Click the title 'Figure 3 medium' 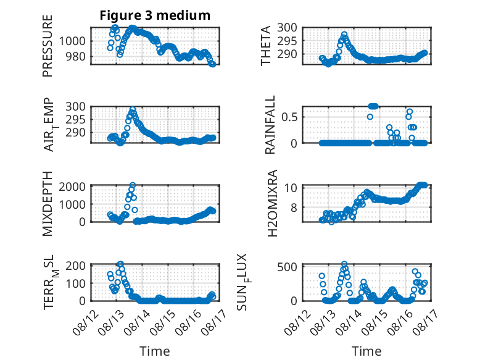coord(155,15)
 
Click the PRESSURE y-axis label coord(48,46)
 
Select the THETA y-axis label coord(266,46)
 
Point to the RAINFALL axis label coord(270,125)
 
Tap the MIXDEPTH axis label coord(48,203)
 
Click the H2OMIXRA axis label coord(272,203)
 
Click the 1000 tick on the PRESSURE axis coord(72,41)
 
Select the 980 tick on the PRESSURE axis coord(76,56)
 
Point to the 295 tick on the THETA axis coord(287,41)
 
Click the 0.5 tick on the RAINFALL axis coord(289,117)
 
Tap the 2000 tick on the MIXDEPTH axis coord(72,186)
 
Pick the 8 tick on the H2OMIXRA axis coord(294,207)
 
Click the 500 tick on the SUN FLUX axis coord(287,267)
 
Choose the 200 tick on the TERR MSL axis coord(76,266)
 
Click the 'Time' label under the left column coord(155,351)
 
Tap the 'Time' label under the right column coord(366,351)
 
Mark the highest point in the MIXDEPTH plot coord(133,185)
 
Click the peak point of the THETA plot coord(344,35)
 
